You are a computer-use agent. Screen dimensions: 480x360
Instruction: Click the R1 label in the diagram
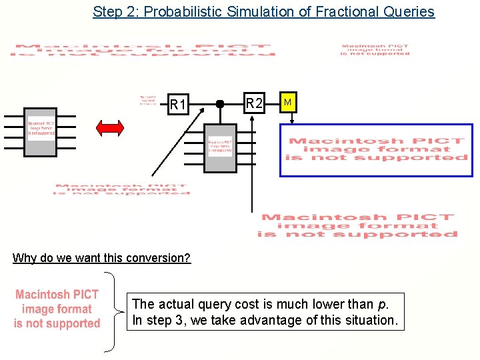[178, 105]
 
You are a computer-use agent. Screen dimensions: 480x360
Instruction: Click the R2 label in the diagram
[253, 103]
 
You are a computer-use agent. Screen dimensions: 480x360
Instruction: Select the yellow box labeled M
[287, 103]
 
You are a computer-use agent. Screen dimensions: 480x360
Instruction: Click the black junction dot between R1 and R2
[219, 104]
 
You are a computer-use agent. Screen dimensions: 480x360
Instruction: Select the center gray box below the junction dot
[220, 147]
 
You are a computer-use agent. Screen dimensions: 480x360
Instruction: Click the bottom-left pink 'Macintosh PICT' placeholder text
[57, 309]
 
